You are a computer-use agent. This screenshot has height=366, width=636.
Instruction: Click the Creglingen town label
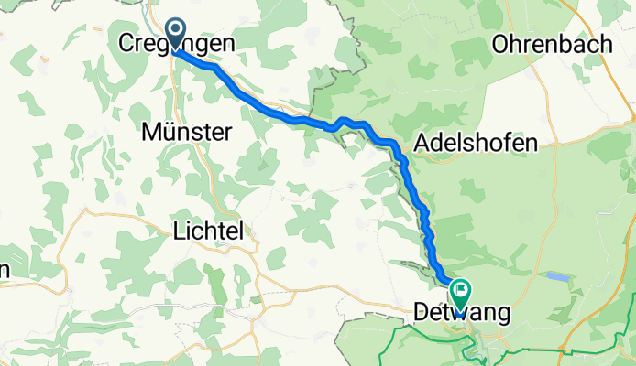[177, 43]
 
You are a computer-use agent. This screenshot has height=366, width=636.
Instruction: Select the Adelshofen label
[476, 142]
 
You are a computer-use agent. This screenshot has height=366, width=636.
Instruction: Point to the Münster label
[186, 133]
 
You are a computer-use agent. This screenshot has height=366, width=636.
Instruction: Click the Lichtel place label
[207, 233]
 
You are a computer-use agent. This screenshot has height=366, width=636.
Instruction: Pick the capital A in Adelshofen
[422, 142]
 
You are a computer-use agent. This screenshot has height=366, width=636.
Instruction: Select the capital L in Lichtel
[178, 233]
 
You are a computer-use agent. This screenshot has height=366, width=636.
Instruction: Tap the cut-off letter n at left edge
[5, 270]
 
